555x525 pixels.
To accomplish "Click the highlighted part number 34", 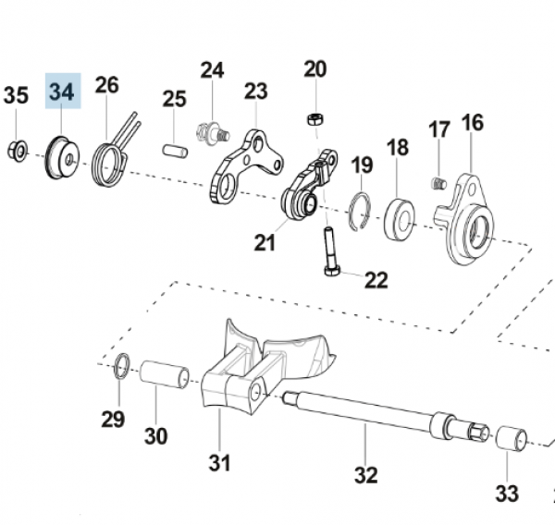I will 63,92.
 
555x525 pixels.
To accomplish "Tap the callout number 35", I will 16,95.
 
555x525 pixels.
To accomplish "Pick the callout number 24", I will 212,70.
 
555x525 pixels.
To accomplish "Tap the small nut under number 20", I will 314,118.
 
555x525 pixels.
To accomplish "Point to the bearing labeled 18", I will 400,214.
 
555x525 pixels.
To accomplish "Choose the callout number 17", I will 439,131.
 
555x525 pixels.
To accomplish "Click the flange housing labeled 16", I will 471,220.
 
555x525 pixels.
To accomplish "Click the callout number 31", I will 218,462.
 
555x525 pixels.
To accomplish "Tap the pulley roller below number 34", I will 62,154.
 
